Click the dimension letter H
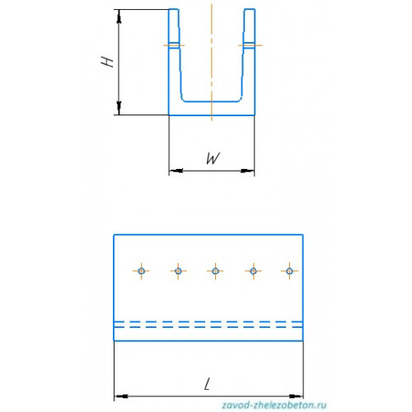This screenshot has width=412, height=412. coord(107,62)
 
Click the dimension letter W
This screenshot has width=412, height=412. coord(213,158)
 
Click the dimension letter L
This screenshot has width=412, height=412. coord(208,384)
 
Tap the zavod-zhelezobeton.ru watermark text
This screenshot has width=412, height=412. coord(274,405)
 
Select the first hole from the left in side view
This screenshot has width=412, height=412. coord(142,271)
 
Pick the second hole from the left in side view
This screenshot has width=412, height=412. coord(178,271)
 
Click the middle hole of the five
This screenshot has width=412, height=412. coord(215,271)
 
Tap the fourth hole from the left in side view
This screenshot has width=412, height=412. coord(253,271)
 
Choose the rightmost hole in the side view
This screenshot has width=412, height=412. coord(289,271)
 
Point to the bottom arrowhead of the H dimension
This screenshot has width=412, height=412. coord(119,108)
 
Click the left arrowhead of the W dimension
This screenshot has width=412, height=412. coord(176,171)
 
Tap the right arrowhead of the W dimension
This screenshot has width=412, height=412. coord(247,171)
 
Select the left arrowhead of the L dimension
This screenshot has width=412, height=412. coord(121,396)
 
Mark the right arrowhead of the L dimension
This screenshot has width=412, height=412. coord(297,396)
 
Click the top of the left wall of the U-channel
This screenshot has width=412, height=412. coord(174,10)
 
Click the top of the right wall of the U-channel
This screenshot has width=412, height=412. coord(250,10)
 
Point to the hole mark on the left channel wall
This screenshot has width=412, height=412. coord(174,45)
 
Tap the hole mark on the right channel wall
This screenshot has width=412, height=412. coord(250,45)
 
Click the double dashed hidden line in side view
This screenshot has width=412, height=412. coord(208,324)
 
